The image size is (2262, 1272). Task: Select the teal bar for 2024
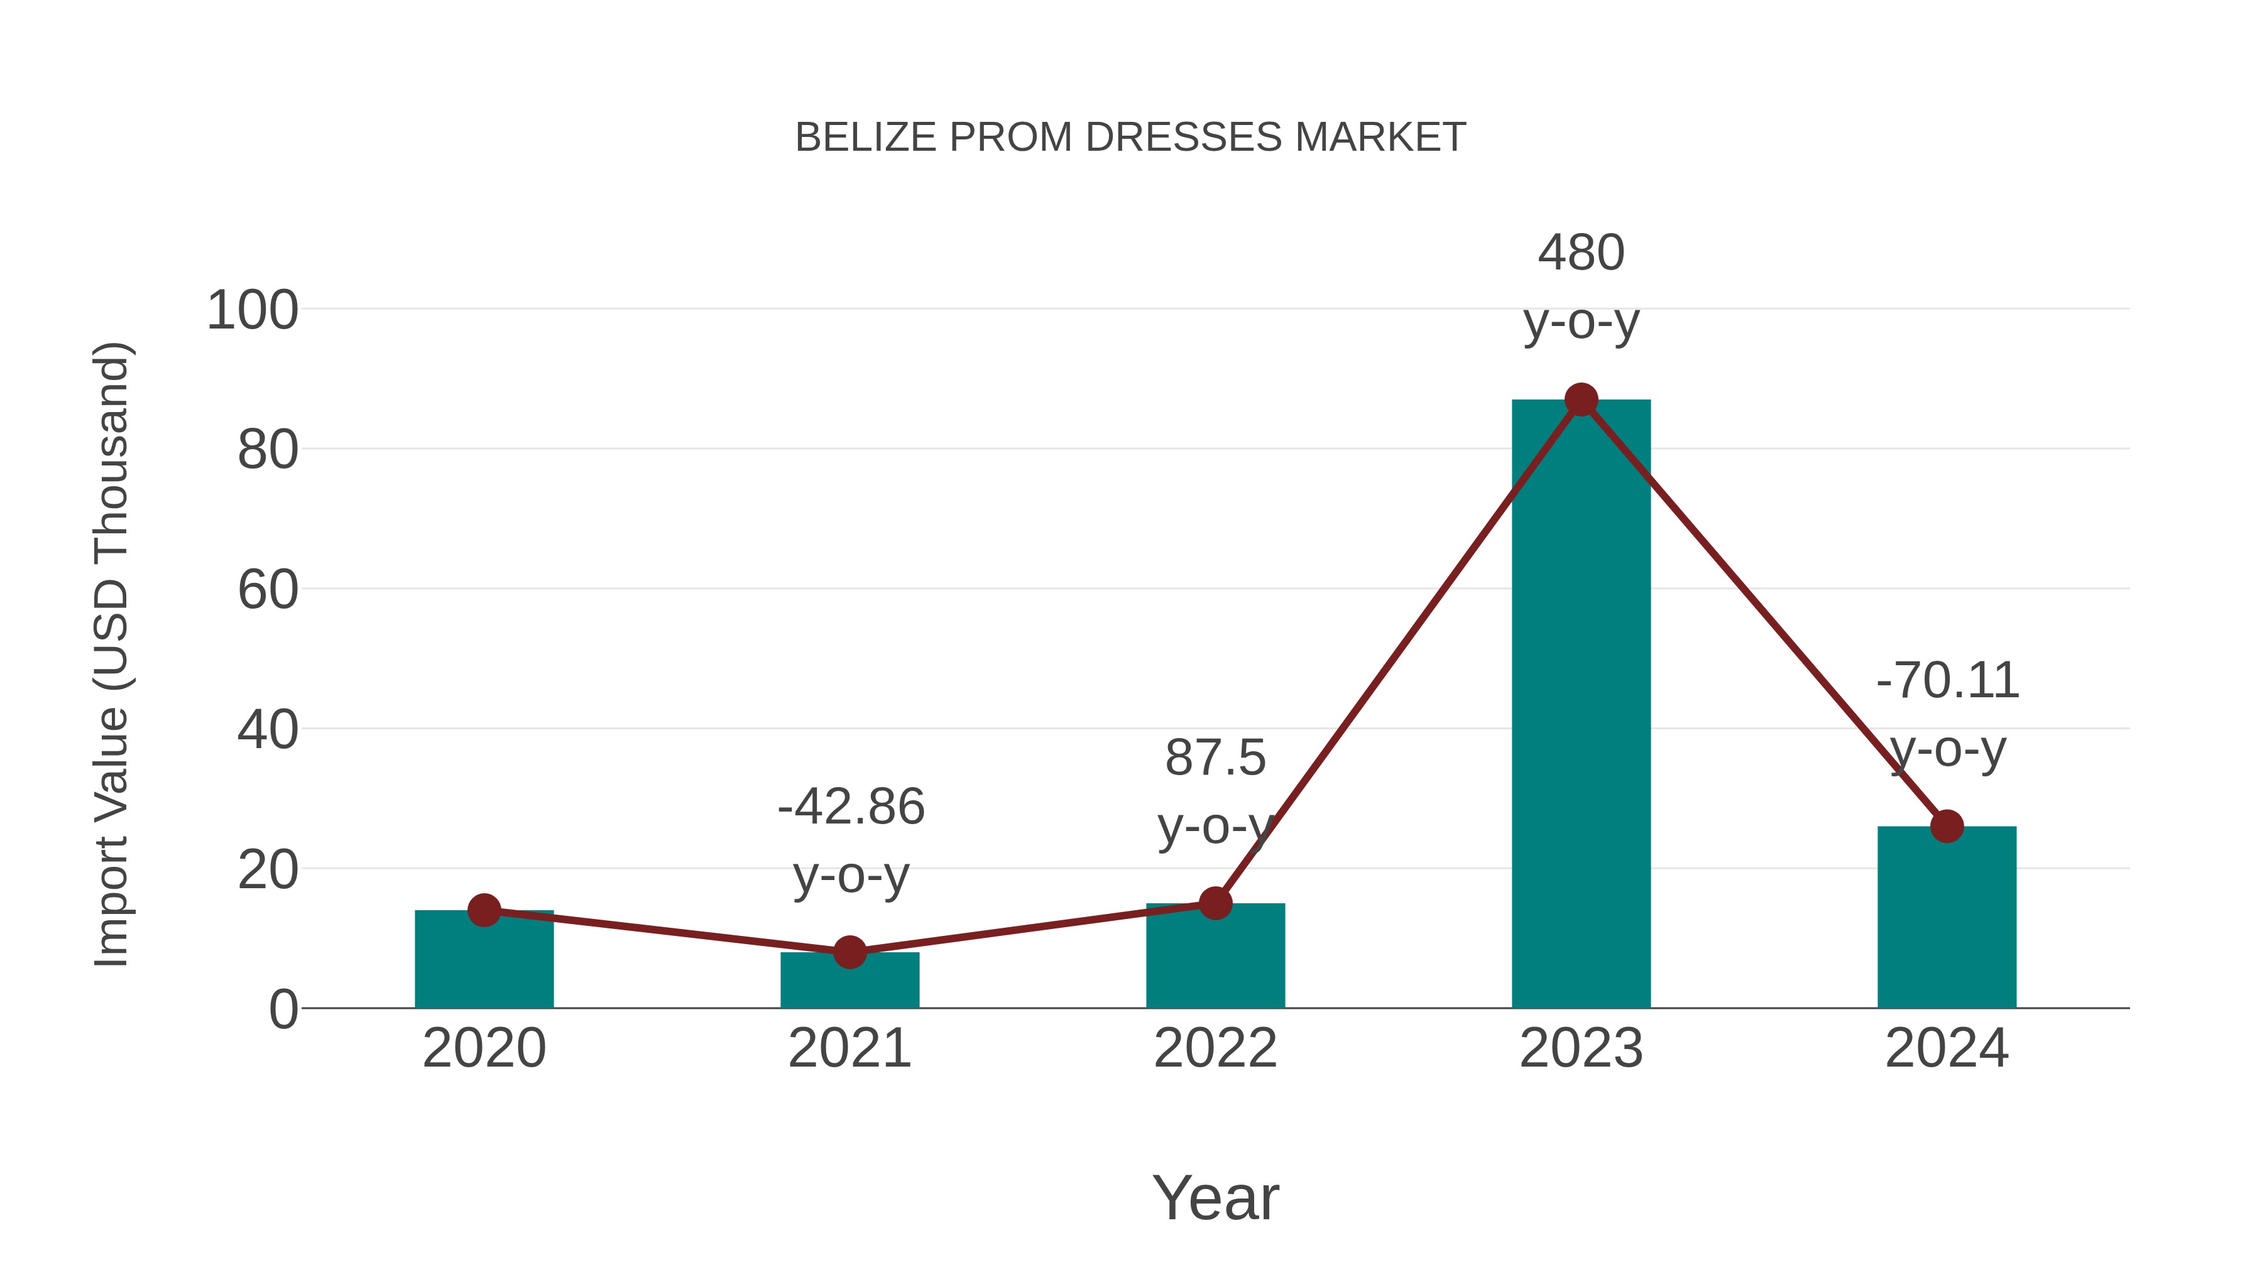click(x=1947, y=921)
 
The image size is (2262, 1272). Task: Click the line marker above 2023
click(x=1581, y=400)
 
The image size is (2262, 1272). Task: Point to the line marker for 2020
click(x=484, y=910)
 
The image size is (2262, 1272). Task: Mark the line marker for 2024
click(x=1947, y=826)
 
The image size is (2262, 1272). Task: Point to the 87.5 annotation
click(x=1215, y=758)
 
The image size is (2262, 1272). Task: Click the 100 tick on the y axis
click(x=252, y=311)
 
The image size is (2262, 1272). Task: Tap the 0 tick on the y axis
click(x=283, y=1009)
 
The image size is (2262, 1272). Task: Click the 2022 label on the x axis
click(x=1215, y=1048)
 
